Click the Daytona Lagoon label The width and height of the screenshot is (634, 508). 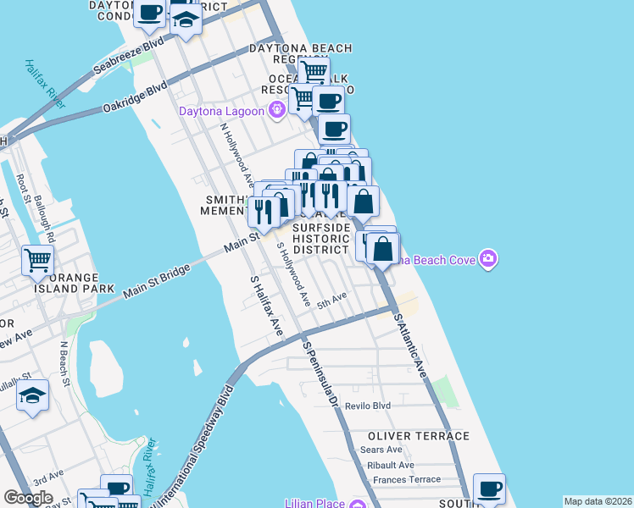(x=221, y=110)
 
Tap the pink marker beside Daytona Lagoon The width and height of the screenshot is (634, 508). (x=275, y=109)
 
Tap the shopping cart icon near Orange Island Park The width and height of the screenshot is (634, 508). (x=38, y=262)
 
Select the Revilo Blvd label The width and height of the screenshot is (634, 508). (x=368, y=406)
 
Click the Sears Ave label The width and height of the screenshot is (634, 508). (x=381, y=450)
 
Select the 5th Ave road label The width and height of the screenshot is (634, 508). (x=332, y=300)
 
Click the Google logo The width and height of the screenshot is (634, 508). (x=28, y=498)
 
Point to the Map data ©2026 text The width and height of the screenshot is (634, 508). (x=598, y=501)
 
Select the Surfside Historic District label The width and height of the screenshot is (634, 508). (x=321, y=239)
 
